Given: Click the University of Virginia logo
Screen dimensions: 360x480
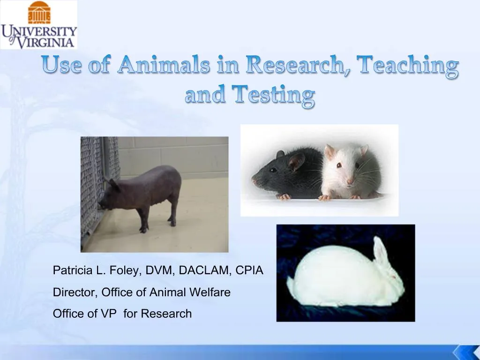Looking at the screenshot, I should pos(38,24).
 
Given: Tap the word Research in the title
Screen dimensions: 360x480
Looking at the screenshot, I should pos(293,65).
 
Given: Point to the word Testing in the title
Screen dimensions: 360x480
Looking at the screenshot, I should pos(274,95).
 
